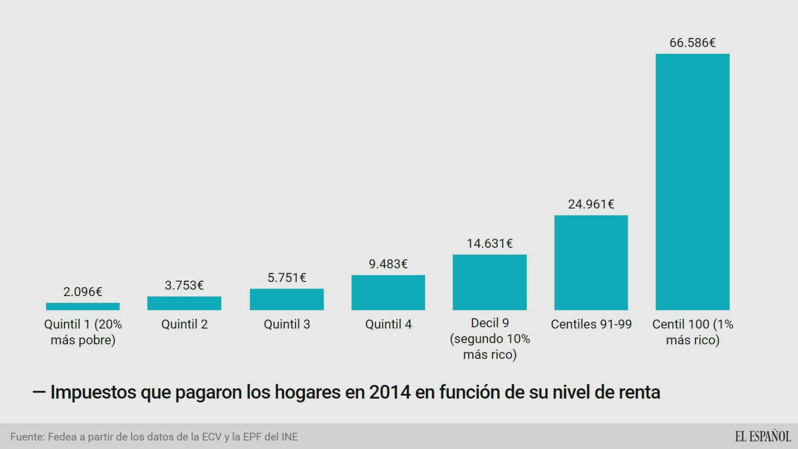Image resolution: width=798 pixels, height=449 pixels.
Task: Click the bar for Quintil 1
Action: (83, 306)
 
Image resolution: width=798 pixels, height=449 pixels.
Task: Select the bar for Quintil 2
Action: (184, 303)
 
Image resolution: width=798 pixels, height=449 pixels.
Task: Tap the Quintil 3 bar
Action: (286, 299)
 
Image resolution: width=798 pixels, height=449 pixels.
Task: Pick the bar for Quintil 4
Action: (388, 292)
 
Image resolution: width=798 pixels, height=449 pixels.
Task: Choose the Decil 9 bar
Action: (489, 282)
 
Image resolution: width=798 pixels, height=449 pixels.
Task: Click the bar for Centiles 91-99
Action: (591, 262)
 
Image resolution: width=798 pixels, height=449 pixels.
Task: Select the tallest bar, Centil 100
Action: (692, 181)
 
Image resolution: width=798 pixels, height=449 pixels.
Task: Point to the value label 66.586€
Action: (692, 43)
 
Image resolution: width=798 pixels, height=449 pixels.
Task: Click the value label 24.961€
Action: (591, 204)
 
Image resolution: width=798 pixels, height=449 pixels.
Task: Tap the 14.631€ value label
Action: (489, 244)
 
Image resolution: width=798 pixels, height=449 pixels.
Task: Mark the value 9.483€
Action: (388, 264)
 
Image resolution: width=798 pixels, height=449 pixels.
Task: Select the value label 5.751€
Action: (286, 278)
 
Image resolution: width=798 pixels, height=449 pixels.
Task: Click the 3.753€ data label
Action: (184, 285)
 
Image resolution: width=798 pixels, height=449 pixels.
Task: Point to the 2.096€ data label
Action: (83, 292)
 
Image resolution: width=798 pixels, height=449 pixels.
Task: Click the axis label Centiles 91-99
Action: (591, 324)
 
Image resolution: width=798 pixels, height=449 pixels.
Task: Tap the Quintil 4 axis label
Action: (388, 324)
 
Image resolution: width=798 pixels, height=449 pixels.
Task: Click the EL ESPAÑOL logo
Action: (762, 436)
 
